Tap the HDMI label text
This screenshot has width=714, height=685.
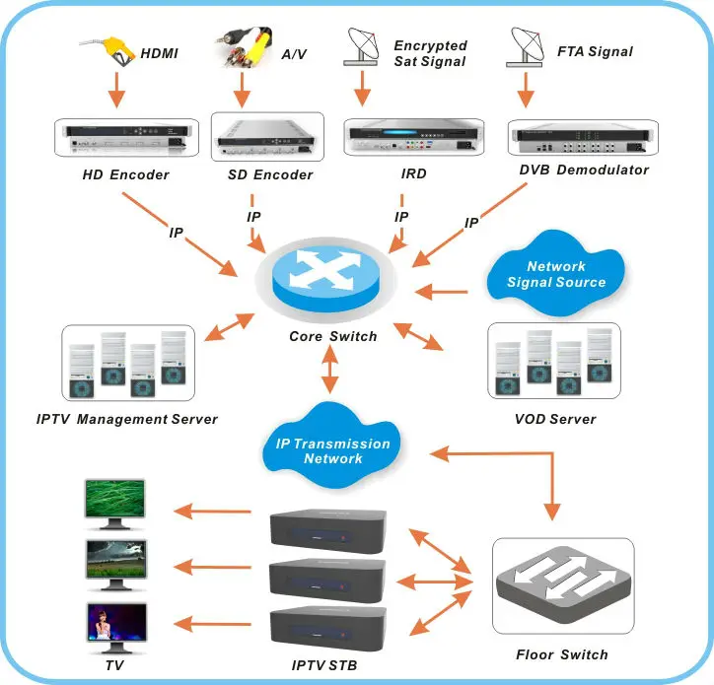tap(160, 53)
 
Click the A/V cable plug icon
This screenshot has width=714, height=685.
tap(243, 48)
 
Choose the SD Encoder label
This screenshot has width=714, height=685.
tap(263, 175)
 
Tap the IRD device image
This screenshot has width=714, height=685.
tap(400, 139)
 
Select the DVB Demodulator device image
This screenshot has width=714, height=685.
tap(581, 138)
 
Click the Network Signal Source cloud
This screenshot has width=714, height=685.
tap(557, 274)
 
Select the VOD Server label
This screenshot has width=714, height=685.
tap(555, 419)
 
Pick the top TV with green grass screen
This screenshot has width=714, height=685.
tap(115, 505)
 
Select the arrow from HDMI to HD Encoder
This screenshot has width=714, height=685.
tap(116, 90)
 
